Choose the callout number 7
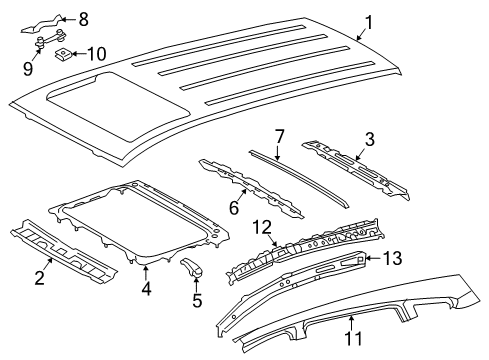[281, 133]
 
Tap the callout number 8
[83, 17]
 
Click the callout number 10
[96, 52]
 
